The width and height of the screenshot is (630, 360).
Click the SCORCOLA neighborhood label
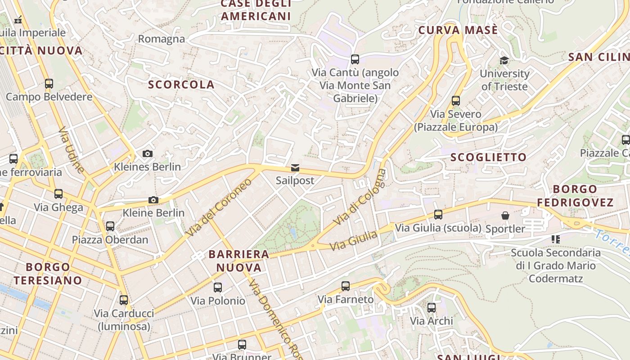point(181,85)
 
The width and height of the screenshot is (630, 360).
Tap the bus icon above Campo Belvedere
point(49,84)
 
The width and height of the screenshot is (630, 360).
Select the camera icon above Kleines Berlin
point(147,154)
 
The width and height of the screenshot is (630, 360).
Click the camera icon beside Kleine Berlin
point(153,200)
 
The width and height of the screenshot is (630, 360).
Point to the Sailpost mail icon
point(295,168)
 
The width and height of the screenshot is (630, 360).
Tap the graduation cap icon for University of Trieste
point(504,60)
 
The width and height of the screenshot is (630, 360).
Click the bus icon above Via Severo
point(456,101)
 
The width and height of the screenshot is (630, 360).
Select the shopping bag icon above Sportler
point(505,216)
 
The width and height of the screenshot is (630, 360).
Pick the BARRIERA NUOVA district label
point(238,261)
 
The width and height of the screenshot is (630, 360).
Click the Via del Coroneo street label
point(219,207)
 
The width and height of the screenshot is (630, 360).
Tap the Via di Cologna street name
point(360,197)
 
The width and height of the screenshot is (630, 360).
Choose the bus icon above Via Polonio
point(218,287)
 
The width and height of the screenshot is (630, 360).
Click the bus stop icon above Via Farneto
point(346,286)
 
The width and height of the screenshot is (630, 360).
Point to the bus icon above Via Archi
point(432,308)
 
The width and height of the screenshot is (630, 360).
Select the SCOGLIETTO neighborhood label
point(488,157)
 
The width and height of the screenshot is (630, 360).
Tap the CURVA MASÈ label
point(458,31)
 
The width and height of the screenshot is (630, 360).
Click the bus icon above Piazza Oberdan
point(110,226)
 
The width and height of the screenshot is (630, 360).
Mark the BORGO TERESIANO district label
point(48,274)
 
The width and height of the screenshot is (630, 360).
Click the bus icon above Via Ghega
point(58,194)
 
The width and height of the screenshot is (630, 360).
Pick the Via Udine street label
point(72,150)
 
